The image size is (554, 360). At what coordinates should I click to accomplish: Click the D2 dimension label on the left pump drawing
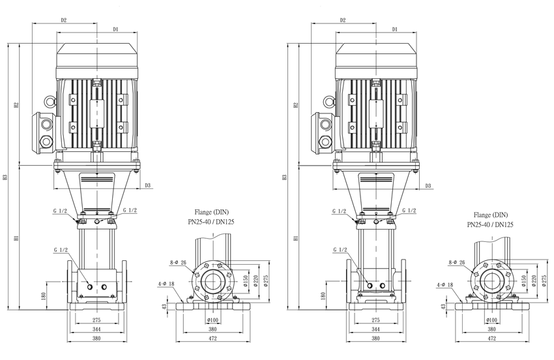coord(64,20)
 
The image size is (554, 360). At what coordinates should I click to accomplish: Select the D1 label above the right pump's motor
coord(395,29)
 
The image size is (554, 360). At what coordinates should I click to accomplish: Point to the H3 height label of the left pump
coord(5,177)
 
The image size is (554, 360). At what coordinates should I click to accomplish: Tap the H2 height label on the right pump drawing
coord(296,105)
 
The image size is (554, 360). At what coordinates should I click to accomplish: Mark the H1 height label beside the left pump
coord(16,238)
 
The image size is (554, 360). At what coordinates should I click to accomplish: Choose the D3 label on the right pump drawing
coord(428,186)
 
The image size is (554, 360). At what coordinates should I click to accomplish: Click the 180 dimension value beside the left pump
coord(44,295)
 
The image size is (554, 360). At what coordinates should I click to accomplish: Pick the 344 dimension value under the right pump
coord(375,329)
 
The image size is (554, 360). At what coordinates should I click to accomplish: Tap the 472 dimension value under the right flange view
coord(491,338)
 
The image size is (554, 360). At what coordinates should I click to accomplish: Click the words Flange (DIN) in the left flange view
coord(212,212)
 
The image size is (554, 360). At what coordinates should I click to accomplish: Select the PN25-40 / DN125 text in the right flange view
coord(490,224)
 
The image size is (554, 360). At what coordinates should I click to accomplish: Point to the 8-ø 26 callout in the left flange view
coord(178,262)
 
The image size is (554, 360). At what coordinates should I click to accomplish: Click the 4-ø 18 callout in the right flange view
coord(445,285)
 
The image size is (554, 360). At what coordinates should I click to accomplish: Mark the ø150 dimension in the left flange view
coord(246,280)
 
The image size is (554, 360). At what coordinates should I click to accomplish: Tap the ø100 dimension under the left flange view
coord(212,320)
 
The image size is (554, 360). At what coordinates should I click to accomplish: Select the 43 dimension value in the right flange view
coord(443,307)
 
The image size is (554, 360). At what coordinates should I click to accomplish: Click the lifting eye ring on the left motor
coord(50,102)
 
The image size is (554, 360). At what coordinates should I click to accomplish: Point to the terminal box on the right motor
coord(323,132)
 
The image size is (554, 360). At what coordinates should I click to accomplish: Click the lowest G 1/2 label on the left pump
coord(61,250)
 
